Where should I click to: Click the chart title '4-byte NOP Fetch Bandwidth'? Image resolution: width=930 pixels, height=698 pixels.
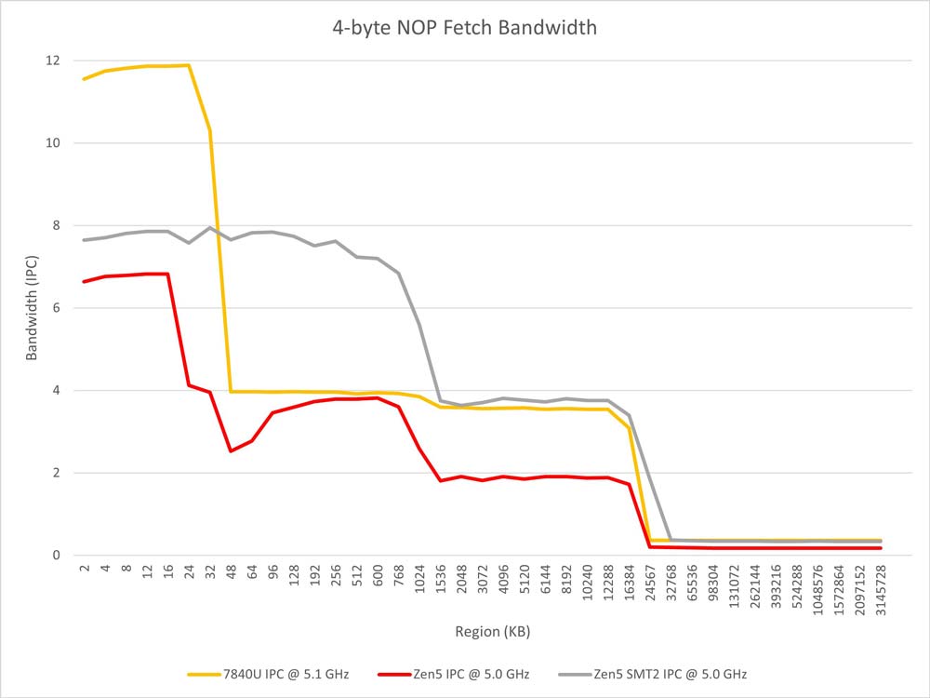(465, 28)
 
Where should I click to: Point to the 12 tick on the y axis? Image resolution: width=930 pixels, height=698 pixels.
(52, 60)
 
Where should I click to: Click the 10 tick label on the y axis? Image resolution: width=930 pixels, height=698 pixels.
(52, 143)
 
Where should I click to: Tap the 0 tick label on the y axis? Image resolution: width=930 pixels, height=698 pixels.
(57, 556)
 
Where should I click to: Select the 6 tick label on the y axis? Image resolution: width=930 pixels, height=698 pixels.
(57, 308)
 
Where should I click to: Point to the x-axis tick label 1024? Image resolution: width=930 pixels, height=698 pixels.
(419, 581)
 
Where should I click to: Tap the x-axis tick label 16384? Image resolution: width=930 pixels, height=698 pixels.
(629, 584)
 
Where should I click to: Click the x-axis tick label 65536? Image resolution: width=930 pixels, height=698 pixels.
(692, 584)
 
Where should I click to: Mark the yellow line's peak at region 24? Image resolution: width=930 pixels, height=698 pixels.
(189, 65)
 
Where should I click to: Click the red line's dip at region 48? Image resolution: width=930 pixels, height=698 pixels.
(231, 451)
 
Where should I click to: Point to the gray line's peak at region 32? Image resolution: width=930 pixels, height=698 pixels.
(210, 227)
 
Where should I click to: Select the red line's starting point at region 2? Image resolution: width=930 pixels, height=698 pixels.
(84, 281)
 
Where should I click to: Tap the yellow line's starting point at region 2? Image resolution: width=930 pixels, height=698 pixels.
(84, 79)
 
